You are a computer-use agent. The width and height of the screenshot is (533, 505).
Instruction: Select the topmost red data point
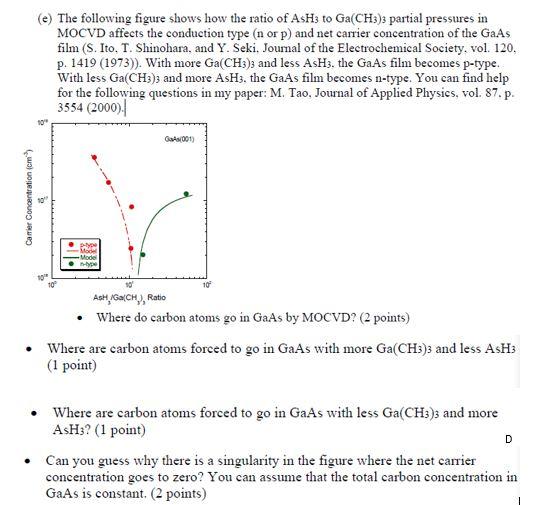(x=94, y=158)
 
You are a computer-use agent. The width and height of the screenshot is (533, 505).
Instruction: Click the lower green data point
(x=142, y=255)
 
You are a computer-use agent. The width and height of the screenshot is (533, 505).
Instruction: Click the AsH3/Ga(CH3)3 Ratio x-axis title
(x=129, y=298)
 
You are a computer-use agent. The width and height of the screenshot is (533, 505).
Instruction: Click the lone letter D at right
(x=508, y=437)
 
